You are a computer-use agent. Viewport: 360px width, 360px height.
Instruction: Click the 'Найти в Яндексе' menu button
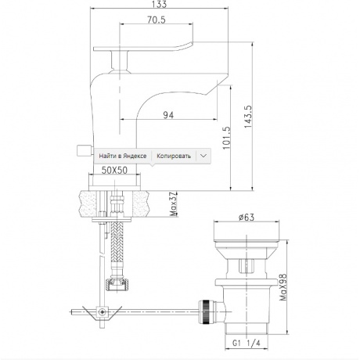(x=123, y=156)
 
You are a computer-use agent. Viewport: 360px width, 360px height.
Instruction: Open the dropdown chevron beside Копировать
(x=203, y=156)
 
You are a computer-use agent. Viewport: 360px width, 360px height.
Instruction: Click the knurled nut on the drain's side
(x=205, y=309)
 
